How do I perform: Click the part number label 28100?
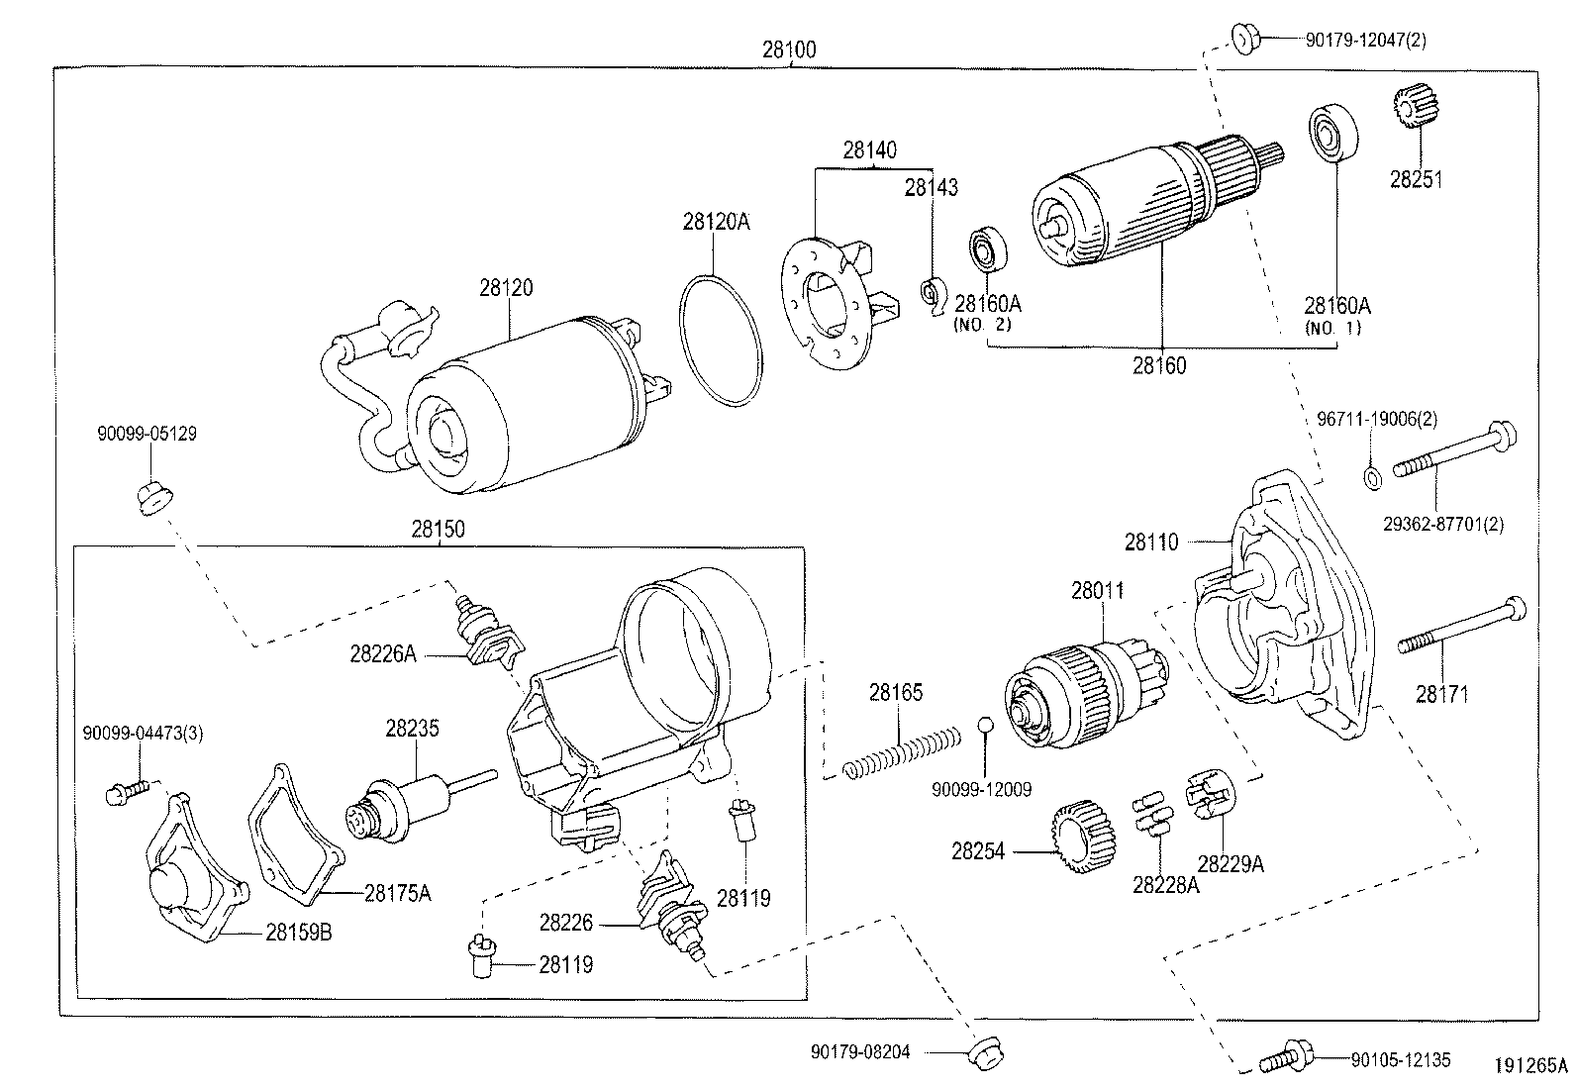789,49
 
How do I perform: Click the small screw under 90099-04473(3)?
126,790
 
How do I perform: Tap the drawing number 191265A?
1531,1066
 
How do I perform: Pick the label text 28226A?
382,653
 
